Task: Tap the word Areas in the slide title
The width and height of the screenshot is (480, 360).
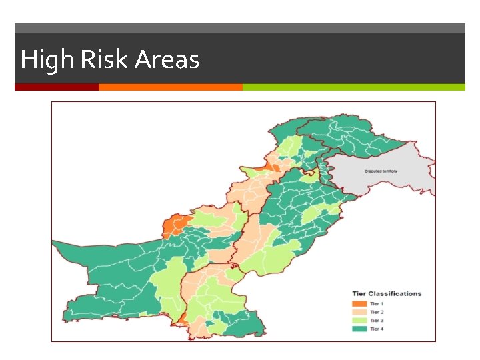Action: point(167,60)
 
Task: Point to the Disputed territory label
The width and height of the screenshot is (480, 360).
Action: point(381,171)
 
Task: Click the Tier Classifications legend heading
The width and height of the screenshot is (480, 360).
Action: point(387,293)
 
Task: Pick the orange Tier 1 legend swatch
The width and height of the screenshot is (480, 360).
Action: point(359,304)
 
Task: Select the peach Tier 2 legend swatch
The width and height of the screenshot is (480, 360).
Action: point(359,312)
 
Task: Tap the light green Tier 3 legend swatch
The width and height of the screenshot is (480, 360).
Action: point(359,321)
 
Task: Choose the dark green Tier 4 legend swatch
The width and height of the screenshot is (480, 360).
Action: point(359,329)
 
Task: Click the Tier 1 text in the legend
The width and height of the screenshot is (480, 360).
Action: point(377,304)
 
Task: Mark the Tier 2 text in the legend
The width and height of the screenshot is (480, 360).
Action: point(377,312)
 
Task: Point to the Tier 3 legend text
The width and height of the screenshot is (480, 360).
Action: point(377,321)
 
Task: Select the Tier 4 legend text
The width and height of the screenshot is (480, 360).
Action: point(377,329)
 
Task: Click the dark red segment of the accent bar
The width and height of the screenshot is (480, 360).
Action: point(57,87)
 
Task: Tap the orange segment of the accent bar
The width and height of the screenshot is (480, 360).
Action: point(170,87)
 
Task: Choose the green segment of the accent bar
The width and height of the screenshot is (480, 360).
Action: point(353,87)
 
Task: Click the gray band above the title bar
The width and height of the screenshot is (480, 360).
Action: point(240,28)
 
